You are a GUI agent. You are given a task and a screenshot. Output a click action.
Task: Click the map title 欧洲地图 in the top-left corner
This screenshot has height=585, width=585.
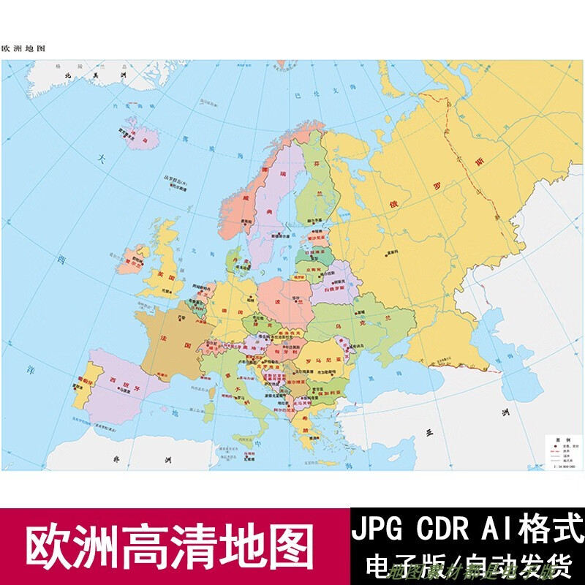point(23,48)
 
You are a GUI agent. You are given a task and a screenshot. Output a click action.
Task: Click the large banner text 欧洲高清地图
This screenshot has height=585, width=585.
point(171,546)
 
